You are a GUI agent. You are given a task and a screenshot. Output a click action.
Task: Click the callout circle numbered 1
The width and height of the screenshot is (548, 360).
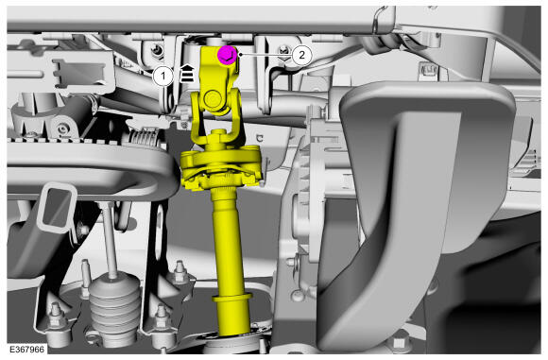(163, 76)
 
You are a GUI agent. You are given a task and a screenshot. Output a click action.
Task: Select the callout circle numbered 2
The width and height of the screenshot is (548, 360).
(301, 55)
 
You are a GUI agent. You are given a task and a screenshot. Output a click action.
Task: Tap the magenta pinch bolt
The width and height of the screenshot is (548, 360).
(228, 55)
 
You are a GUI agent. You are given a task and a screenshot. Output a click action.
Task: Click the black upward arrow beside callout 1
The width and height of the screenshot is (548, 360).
(187, 73)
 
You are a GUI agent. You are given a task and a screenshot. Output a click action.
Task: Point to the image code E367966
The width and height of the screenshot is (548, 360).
(27, 350)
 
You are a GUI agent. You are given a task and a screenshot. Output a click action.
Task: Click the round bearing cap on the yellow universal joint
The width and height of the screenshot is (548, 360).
(213, 99)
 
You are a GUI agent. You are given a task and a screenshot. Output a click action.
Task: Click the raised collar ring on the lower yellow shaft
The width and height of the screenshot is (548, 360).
(232, 298)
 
